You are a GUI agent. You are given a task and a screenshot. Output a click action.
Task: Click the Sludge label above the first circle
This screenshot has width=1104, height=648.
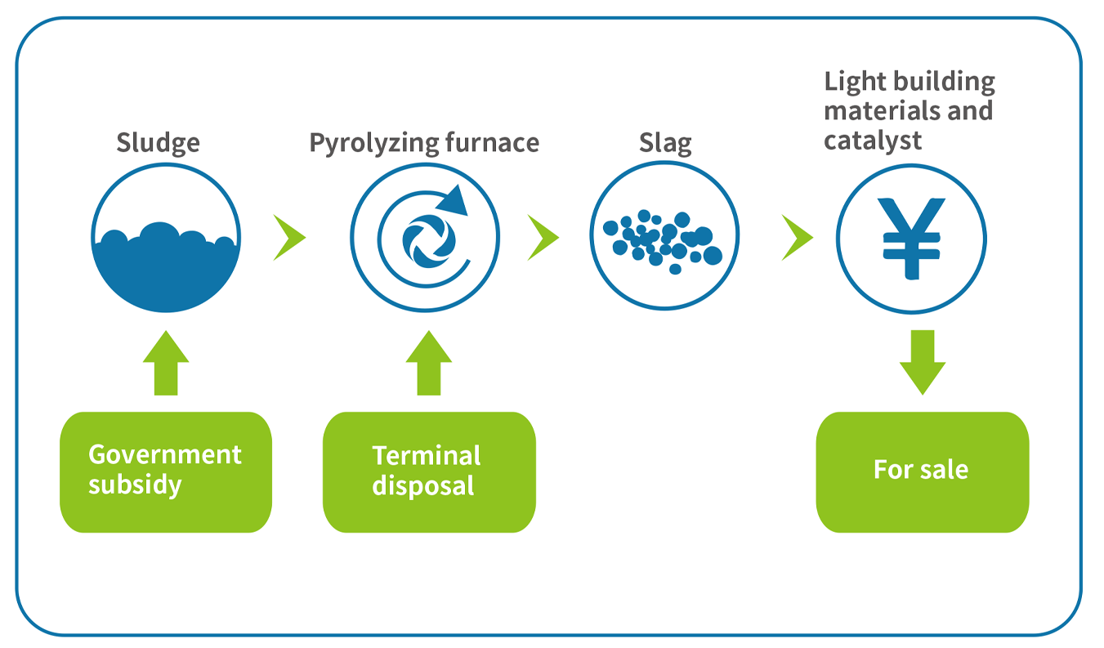point(159,143)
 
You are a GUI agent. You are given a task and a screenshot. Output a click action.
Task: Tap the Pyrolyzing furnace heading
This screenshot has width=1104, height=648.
point(424,143)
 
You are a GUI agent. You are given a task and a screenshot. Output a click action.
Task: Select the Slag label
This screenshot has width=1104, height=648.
point(665,143)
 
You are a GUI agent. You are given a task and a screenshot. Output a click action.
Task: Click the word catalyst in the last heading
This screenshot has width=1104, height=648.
point(873,141)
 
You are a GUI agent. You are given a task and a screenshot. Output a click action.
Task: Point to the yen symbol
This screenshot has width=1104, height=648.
point(912,239)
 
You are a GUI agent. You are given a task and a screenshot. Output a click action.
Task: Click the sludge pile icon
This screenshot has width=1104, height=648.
point(166,266)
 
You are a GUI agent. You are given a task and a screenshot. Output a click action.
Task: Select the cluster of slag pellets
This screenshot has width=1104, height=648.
point(663,241)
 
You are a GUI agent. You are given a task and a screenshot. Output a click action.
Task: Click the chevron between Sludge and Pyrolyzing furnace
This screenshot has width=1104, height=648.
point(290,238)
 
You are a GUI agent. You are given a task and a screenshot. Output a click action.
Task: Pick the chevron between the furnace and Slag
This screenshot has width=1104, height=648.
point(543,238)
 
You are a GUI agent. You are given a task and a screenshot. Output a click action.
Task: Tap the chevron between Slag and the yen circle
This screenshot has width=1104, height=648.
point(798,238)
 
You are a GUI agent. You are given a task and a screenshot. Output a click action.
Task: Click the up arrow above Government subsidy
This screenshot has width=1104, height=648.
point(166,363)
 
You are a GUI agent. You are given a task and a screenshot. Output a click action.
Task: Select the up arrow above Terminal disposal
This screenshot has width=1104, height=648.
point(429,363)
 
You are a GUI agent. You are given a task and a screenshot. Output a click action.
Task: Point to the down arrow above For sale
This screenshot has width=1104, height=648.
point(923,363)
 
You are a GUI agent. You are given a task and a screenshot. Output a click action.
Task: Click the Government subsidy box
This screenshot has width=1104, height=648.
point(166,472)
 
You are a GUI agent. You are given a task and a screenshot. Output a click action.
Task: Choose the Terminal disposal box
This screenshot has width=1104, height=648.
point(429,472)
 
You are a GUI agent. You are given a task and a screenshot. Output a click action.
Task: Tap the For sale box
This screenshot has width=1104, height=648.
point(923,472)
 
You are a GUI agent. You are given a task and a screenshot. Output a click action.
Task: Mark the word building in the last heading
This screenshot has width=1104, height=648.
point(945,82)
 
